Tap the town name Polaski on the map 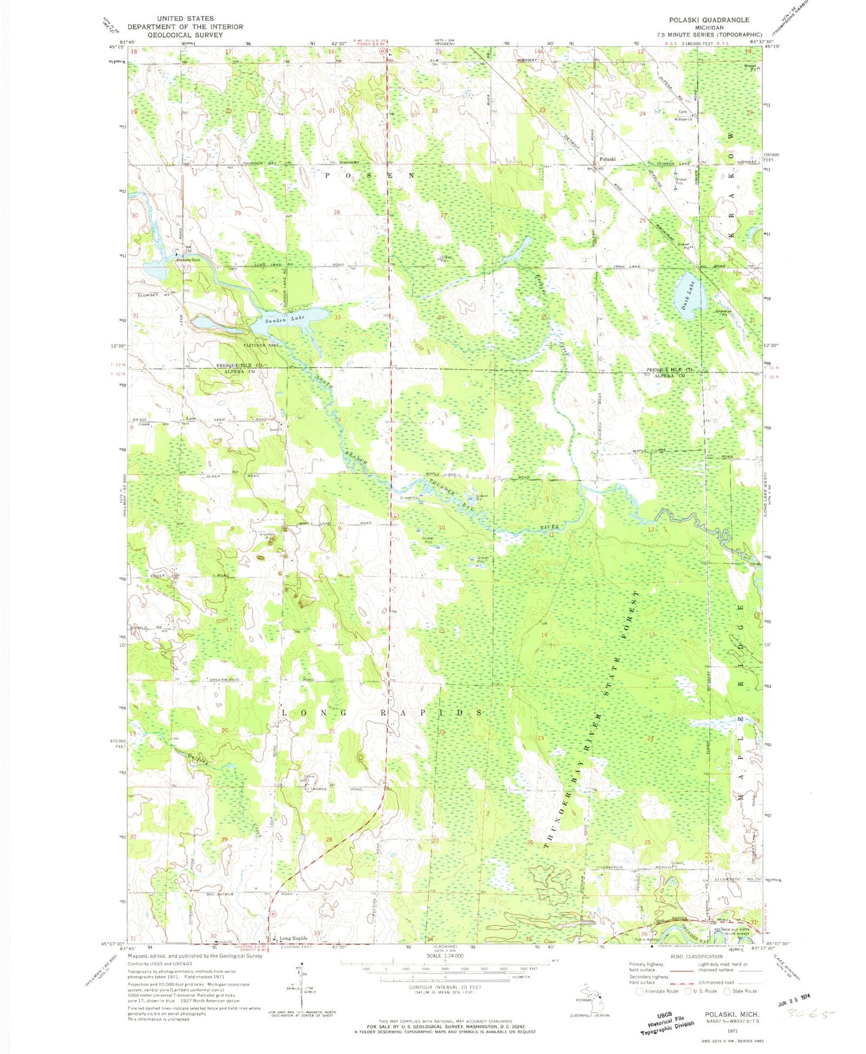tap(608, 159)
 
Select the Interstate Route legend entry tap(654, 991)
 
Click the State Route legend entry tap(741, 991)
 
